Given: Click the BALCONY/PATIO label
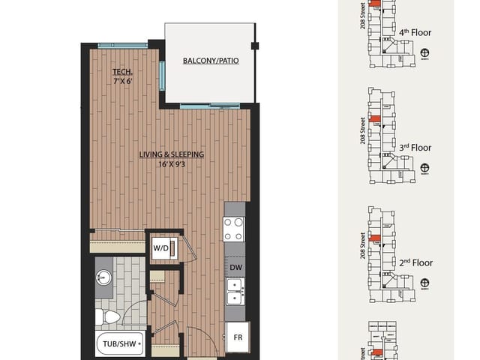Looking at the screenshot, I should (x=211, y=61).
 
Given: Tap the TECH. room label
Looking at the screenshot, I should (x=121, y=72).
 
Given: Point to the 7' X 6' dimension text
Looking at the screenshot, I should (x=121, y=81).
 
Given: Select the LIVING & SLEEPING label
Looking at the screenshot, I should (x=172, y=155).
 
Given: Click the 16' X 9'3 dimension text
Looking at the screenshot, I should (x=172, y=165).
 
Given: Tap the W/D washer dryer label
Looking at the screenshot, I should (x=160, y=247).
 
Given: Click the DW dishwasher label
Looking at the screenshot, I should (x=235, y=267).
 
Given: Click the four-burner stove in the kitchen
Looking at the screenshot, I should (x=235, y=228).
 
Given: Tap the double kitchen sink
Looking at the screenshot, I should (x=235, y=292).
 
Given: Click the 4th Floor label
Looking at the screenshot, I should (x=416, y=32).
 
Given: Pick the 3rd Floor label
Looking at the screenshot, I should (x=416, y=148).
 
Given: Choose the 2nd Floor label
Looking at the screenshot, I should (x=416, y=263).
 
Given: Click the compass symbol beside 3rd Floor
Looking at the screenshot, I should (x=425, y=168).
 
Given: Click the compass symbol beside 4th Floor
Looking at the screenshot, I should (x=425, y=52).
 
